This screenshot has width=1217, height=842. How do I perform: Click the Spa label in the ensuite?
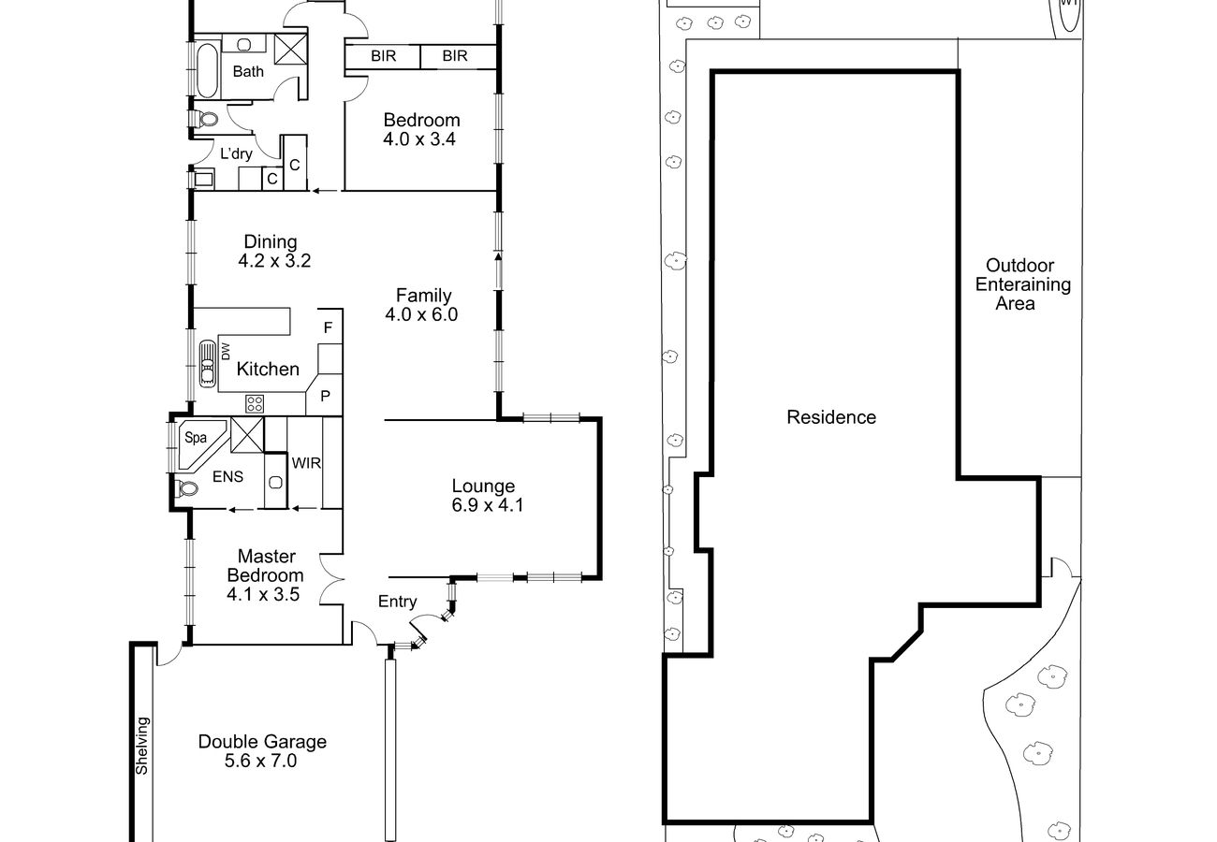[x=196, y=438]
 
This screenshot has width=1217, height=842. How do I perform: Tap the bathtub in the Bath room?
[x=207, y=70]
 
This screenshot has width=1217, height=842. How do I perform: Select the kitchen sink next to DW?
[x=207, y=363]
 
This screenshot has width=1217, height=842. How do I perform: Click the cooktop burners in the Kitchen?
[x=255, y=403]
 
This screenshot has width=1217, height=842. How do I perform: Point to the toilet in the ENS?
[x=186, y=488]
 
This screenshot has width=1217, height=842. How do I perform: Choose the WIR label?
[x=306, y=463]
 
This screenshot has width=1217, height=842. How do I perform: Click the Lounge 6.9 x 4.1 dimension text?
[x=488, y=505]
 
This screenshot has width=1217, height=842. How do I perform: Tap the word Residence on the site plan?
[x=831, y=417]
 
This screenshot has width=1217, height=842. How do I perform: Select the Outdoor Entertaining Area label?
[x=1022, y=283]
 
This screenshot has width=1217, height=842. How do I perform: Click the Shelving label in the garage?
[x=141, y=746]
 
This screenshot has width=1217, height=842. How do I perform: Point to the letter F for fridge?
[x=328, y=327]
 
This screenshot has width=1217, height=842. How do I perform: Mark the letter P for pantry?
[x=325, y=397]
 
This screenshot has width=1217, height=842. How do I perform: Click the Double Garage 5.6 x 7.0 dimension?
[x=261, y=762]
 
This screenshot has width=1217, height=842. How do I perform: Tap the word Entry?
[x=397, y=602]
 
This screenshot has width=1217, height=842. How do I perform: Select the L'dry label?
[x=236, y=153]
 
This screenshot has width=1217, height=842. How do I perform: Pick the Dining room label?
[x=270, y=241]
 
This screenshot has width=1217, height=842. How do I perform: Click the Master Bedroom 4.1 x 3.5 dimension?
[x=263, y=594]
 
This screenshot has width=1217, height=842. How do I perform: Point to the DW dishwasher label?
[x=226, y=351]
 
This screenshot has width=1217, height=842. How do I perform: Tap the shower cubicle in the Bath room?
[x=290, y=50]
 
